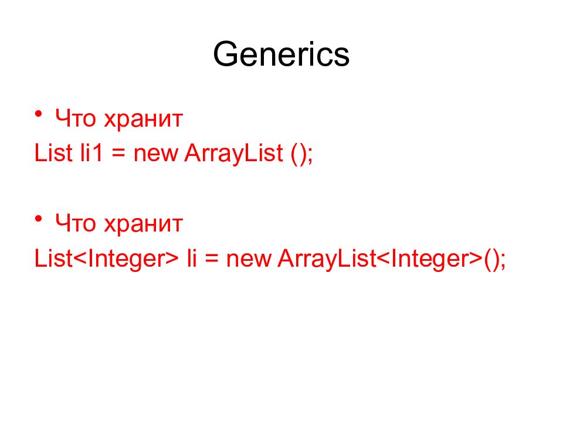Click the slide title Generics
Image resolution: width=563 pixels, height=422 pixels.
point(281,55)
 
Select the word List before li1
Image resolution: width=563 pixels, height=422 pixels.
point(53,154)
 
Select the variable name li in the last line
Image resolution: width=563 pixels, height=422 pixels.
point(191,258)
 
